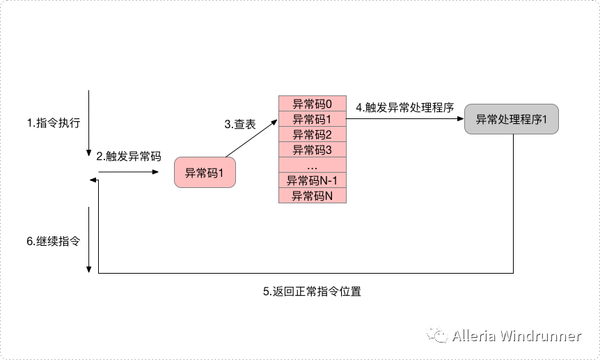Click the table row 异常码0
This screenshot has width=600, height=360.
pyautogui.click(x=313, y=104)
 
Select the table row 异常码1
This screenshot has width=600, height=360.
pyautogui.click(x=313, y=119)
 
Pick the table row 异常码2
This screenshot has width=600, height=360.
pyautogui.click(x=313, y=134)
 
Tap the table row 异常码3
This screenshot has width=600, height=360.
pyautogui.click(x=313, y=150)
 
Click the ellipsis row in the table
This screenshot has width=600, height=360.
pyautogui.click(x=313, y=166)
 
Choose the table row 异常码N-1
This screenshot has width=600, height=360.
pyautogui.click(x=313, y=181)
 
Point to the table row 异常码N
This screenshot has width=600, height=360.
pyautogui.click(x=313, y=196)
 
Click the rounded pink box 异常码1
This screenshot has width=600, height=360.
pyautogui.click(x=205, y=172)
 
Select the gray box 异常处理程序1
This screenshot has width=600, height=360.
pyautogui.click(x=512, y=119)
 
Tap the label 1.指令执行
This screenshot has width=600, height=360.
pyautogui.click(x=54, y=123)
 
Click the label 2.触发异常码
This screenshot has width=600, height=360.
pyautogui.click(x=129, y=156)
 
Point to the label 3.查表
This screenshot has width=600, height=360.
pyautogui.click(x=240, y=125)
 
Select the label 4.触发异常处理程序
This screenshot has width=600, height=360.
pyautogui.click(x=404, y=108)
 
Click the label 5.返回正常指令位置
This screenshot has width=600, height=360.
pyautogui.click(x=312, y=292)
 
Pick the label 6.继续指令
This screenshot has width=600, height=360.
pyautogui.click(x=53, y=241)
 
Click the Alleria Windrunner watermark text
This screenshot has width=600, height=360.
pyautogui.click(x=516, y=336)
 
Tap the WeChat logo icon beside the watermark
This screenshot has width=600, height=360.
pyautogui.click(x=438, y=336)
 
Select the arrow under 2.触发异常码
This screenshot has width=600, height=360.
pyautogui.click(x=129, y=171)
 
